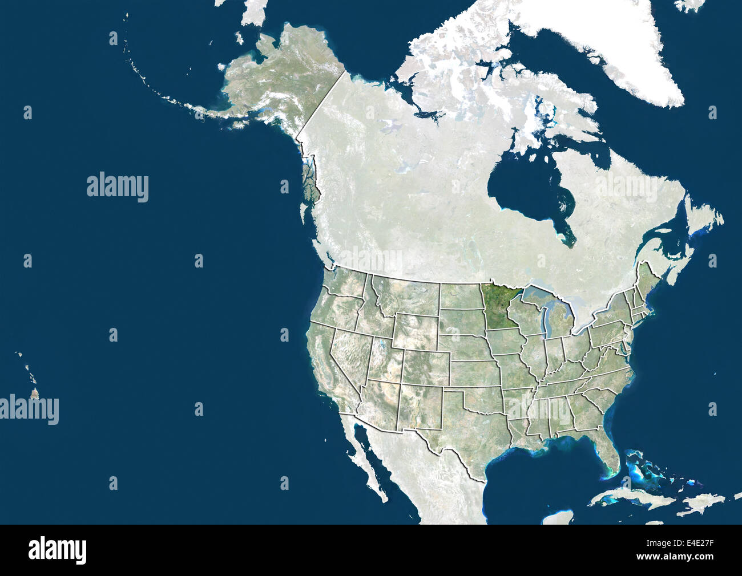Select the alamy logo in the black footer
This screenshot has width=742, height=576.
57,550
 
